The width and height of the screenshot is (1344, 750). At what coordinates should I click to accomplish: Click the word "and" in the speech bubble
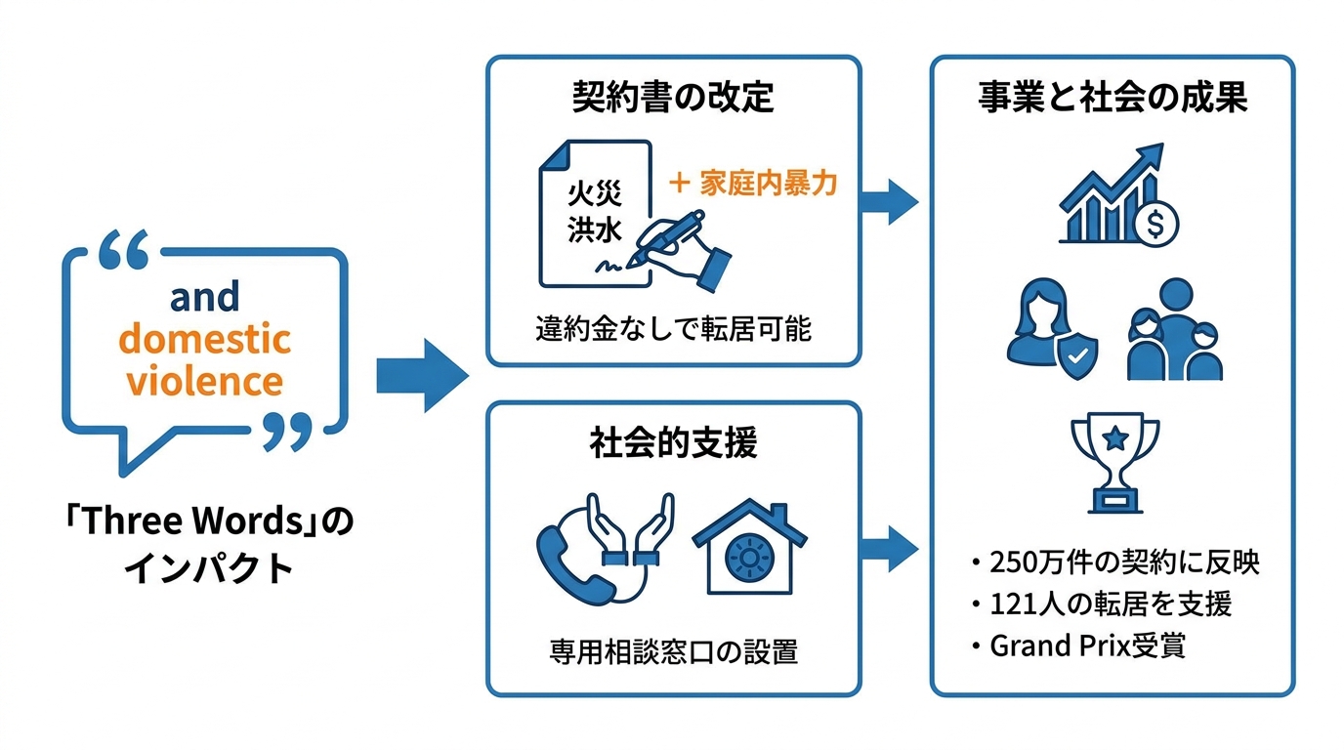pos(204,297)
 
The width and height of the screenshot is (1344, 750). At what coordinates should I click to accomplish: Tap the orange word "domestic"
pos(204,339)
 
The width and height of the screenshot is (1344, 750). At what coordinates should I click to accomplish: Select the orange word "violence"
pos(204,381)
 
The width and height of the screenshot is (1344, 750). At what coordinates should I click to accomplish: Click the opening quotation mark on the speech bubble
pos(124,248)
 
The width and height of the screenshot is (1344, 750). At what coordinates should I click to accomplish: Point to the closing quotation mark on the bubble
pos(288,432)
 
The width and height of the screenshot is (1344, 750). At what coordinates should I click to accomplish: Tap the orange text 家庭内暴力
pos(768,183)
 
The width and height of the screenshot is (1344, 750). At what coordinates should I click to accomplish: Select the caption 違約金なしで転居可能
pos(673,328)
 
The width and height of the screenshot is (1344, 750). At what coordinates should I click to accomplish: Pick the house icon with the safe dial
pos(749,547)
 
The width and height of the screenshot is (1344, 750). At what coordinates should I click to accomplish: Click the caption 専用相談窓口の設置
pos(673,652)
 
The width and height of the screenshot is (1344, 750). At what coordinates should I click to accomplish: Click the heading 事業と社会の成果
pos(1113,97)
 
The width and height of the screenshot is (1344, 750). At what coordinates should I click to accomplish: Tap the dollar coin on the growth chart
pos(1155,224)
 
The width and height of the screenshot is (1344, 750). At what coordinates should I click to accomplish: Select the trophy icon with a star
pos(1114,462)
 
